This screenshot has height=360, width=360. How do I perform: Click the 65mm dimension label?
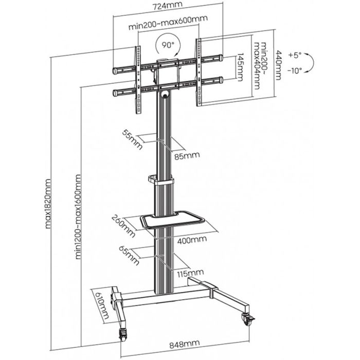tap(133, 255)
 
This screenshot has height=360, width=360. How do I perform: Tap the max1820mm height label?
tap(49, 204)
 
